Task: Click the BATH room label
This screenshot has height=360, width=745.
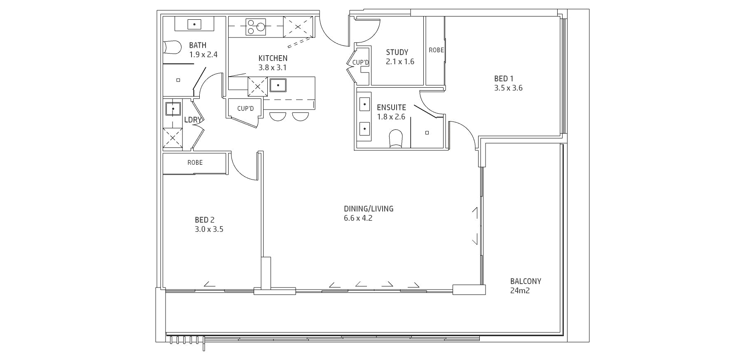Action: tap(198, 45)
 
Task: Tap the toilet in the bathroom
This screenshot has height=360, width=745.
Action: tap(172, 47)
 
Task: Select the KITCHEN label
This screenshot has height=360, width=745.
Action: tap(273, 58)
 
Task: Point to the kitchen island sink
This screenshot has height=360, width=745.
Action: tap(278, 85)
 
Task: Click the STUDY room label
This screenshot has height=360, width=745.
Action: tap(397, 52)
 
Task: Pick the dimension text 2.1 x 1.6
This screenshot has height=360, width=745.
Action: tap(400, 62)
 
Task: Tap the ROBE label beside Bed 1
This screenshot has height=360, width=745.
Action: tap(437, 50)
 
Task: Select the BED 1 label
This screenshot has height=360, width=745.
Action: tap(504, 79)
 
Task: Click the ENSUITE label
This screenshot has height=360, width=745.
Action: tap(391, 108)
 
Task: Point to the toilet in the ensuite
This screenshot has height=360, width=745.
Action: tap(396, 138)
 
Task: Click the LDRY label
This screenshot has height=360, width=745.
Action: tap(193, 120)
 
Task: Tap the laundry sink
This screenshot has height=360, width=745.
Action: tap(173, 109)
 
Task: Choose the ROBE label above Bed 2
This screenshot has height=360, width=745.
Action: tap(195, 163)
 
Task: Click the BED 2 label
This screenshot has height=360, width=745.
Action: tap(205, 220)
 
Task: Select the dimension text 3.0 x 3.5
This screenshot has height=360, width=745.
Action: tap(209, 229)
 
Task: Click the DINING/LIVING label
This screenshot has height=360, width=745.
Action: tap(369, 209)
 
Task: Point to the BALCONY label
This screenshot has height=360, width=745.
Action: tap(525, 281)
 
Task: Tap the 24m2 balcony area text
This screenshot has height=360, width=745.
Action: tap(520, 291)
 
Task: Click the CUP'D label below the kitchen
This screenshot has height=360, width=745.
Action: tap(245, 109)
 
